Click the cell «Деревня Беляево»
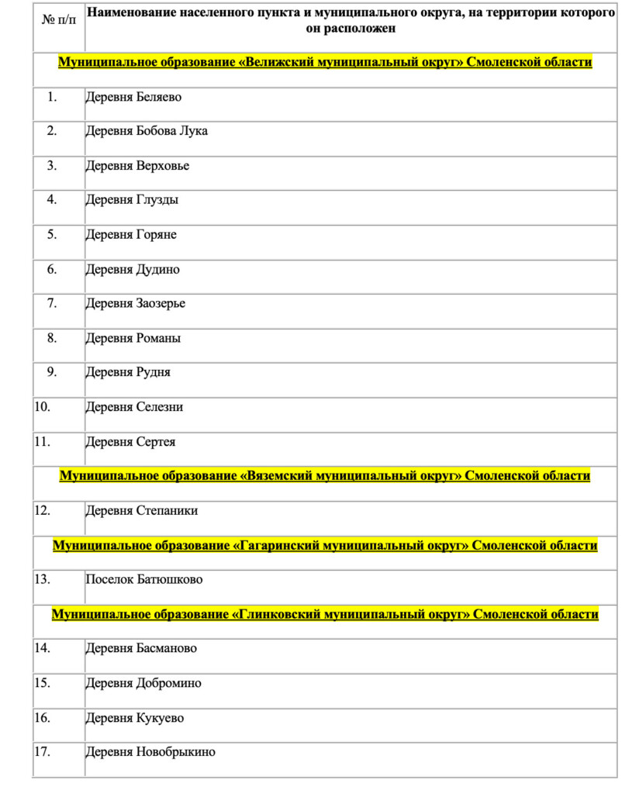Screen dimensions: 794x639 pyautogui.click(x=133, y=97)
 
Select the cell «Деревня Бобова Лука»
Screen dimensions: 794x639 pyautogui.click(x=147, y=131)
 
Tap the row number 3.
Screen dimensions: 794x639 pyautogui.click(x=52, y=165)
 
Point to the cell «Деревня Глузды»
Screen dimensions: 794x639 pyautogui.click(x=132, y=200)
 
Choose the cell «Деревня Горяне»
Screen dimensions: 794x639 pyautogui.click(x=131, y=234)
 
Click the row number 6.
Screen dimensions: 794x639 pyautogui.click(x=52, y=269)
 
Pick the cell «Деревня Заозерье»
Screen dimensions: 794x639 pyautogui.click(x=136, y=303)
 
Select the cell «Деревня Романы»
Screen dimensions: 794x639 pyautogui.click(x=133, y=338)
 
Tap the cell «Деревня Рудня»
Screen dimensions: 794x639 pyautogui.click(x=128, y=372)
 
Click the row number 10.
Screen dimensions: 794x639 pyautogui.click(x=43, y=406)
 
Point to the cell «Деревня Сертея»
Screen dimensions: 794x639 pyautogui.click(x=130, y=442)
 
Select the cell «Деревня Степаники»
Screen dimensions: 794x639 pyautogui.click(x=142, y=511)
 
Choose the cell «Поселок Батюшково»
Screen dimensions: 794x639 pyautogui.click(x=144, y=580)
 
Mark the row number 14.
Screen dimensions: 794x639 pyautogui.click(x=43, y=647)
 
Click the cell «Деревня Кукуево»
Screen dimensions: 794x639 pyautogui.click(x=135, y=718)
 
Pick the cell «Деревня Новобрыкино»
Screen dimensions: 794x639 pyautogui.click(x=150, y=752)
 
